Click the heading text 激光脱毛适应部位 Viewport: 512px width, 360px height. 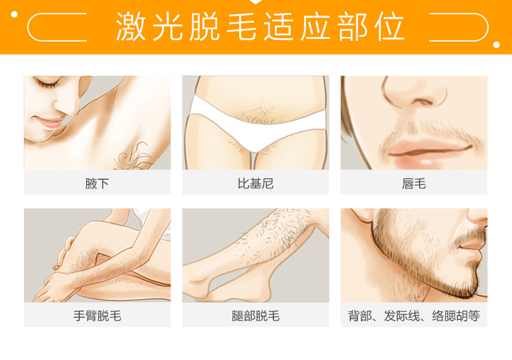pos(261,27)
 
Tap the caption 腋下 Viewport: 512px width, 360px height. pos(97,184)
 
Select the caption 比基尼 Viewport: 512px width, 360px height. pos(255,184)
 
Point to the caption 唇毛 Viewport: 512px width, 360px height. pos(413,184)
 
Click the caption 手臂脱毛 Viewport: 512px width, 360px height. pos(97,316)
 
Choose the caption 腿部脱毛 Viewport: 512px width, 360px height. pos(255,316)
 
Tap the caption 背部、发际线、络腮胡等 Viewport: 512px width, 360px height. pos(413,316)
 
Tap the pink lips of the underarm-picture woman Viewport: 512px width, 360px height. pos(49,123)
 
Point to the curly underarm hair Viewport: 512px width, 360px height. pos(133,156)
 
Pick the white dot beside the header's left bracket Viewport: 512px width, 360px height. pos(14,14)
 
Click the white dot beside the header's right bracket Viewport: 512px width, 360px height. pos(496,45)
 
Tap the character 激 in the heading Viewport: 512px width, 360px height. pos(131,27)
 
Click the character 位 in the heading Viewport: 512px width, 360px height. pos(390,27)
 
